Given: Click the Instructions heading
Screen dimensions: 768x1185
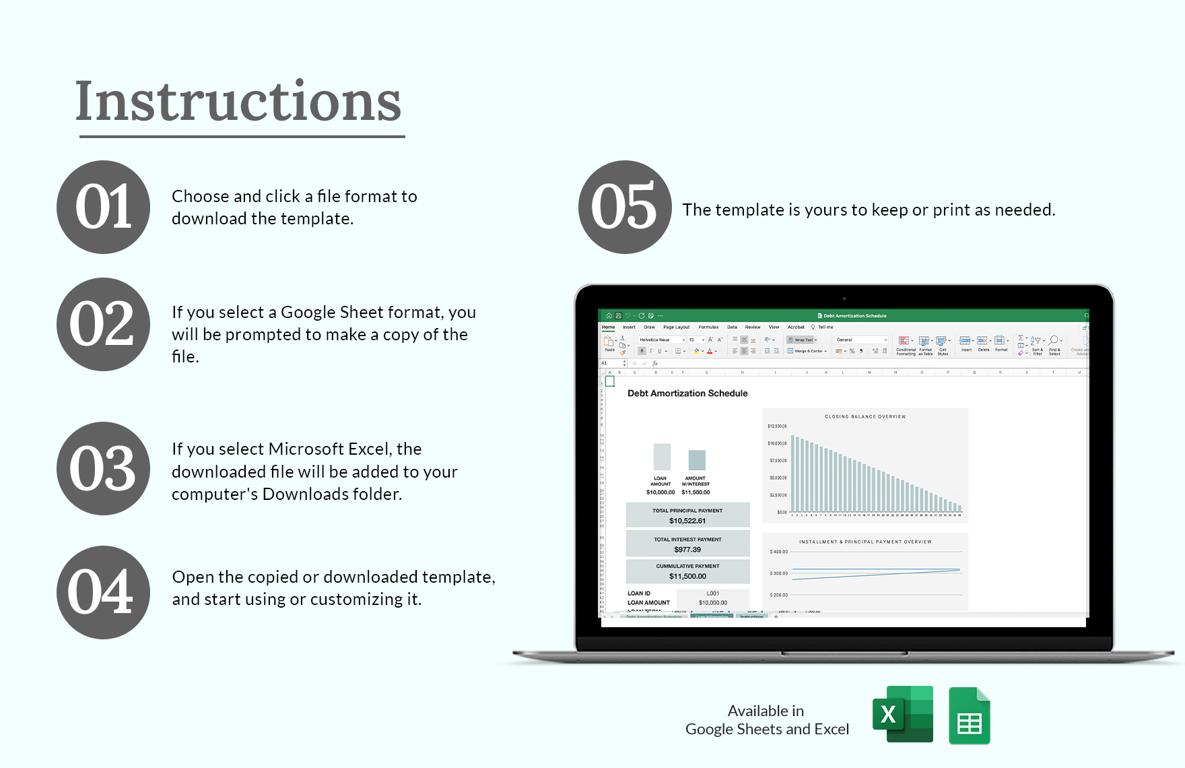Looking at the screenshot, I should [238, 102].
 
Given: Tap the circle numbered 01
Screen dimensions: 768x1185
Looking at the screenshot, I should [103, 207].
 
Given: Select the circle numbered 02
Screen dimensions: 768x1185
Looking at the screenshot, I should [103, 324].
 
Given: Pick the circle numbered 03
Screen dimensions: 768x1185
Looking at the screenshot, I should [103, 468].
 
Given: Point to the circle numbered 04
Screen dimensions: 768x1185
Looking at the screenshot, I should [103, 592].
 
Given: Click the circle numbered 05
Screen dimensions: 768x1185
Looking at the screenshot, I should [624, 207].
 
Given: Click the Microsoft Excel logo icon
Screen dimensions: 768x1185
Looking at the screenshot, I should [902, 714].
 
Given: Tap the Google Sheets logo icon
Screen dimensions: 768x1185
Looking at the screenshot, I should [969, 716].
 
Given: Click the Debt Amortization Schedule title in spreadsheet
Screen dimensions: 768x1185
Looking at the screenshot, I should [687, 393].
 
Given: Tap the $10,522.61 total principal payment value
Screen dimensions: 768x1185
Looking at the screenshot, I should [687, 521].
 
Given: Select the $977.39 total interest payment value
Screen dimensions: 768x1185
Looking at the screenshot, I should [687, 550].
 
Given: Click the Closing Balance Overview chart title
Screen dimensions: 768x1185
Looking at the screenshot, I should [865, 416].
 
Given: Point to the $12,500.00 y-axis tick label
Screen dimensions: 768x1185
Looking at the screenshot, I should [777, 426].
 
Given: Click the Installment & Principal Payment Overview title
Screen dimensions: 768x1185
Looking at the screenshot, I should [865, 542].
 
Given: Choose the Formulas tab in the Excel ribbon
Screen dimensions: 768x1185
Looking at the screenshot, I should [708, 327].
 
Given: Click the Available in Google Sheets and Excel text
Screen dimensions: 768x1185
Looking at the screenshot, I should [767, 720].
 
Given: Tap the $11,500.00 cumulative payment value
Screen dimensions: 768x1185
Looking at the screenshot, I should [687, 577].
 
